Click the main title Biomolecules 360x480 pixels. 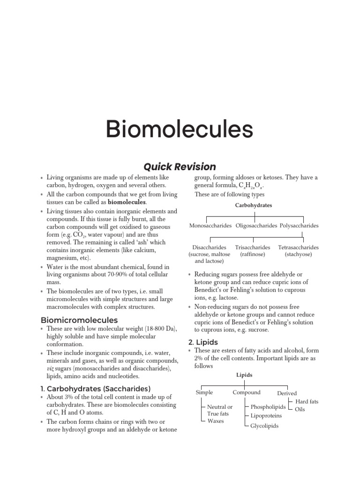tap(180, 129)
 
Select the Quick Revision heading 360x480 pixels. tap(180, 167)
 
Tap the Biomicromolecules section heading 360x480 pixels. tap(79, 320)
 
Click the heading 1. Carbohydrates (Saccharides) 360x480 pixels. tap(96, 389)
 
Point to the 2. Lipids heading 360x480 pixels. tap(206, 342)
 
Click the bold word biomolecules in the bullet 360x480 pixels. tap(127, 202)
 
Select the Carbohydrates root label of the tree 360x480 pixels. tap(254, 205)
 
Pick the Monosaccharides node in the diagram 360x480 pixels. tap(210, 226)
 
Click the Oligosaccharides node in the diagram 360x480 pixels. tap(256, 226)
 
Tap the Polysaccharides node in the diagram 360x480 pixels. tap(299, 226)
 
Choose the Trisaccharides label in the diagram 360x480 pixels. tap(253, 247)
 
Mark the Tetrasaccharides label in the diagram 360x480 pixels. tap(299, 247)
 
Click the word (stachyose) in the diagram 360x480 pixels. tap(299, 255)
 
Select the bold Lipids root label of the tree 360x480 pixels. tap(244, 375)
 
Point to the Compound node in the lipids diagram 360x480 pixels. tap(247, 393)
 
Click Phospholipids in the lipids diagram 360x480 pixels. tap(268, 407)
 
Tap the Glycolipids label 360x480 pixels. tap(264, 426)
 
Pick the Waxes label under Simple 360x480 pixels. tap(216, 421)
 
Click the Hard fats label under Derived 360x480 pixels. tap(307, 402)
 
